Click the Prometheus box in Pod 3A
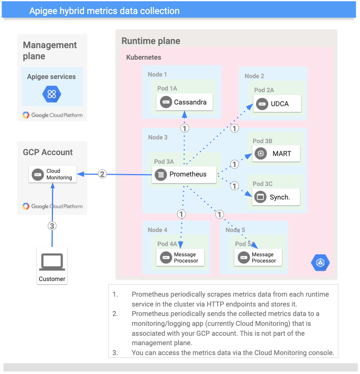coord(185,174)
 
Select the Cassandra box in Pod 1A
coord(184,102)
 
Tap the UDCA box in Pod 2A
coord(278,104)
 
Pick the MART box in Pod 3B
coord(276,154)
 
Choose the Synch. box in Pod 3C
coord(276,197)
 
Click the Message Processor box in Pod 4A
coord(180,258)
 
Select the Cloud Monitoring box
coord(53,174)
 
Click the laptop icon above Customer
coord(51,262)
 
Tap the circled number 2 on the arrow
coord(102,174)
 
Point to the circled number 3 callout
coord(52,225)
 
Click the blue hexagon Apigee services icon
coord(51,94)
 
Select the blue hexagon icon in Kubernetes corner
coord(320,262)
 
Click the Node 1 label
coord(157,74)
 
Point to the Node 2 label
coord(254,76)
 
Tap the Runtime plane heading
coord(151,41)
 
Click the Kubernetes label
coord(144,57)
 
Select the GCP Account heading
coord(48,152)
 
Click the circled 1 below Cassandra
coord(185,128)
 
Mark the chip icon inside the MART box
coord(260,154)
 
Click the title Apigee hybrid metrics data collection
coord(104,11)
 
